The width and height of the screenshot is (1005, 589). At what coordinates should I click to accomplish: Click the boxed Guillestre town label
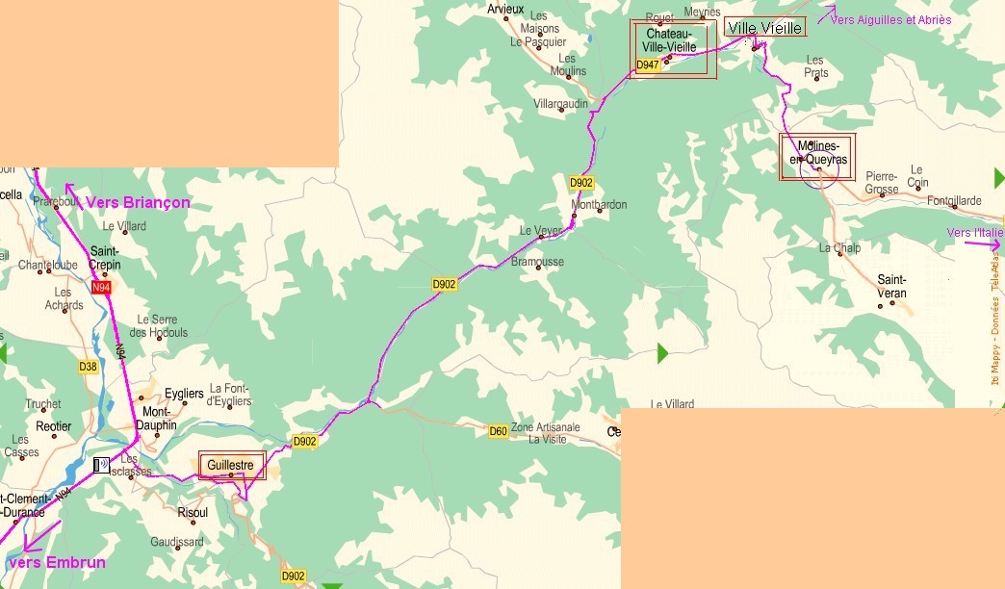[x=231, y=465]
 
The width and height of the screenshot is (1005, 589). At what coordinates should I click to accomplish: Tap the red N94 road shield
[x=101, y=288]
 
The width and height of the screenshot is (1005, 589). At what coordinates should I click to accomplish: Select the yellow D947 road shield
[x=649, y=65]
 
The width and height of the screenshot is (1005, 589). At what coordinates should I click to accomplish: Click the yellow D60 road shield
[x=498, y=431]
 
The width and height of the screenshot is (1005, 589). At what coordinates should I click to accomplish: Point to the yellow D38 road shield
[x=88, y=367]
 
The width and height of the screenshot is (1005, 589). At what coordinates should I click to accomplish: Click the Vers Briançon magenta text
[x=138, y=203]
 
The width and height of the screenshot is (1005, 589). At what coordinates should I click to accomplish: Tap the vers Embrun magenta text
[x=56, y=562]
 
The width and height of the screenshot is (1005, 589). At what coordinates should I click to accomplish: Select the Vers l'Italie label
[x=974, y=233]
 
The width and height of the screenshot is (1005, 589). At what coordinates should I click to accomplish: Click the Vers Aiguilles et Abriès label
[x=890, y=19]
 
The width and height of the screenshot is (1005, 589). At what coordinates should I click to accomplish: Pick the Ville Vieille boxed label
[x=764, y=28]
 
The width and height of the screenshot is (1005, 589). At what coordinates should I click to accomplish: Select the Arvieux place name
[x=505, y=9]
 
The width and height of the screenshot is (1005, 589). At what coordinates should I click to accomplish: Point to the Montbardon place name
[x=599, y=205]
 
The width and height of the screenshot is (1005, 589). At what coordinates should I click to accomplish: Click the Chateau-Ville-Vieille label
[x=671, y=40]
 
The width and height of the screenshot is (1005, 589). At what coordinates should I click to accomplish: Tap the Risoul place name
[x=193, y=513]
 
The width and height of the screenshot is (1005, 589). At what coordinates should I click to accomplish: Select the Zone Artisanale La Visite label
[x=546, y=433]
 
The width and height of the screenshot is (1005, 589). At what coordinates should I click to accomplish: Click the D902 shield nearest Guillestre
[x=304, y=442]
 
